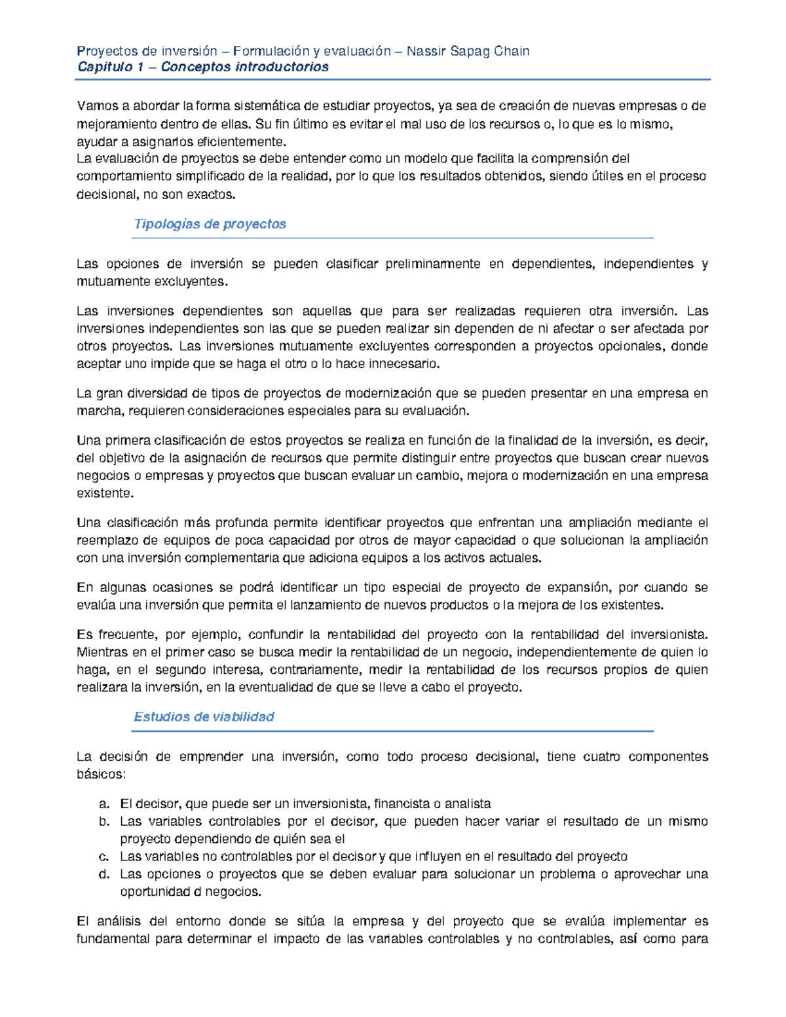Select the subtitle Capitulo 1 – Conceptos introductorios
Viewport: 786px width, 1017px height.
pos(203,67)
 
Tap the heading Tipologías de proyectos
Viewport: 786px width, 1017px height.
pos(210,224)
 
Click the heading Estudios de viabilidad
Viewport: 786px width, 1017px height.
pos(204,716)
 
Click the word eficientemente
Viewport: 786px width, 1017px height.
pos(247,142)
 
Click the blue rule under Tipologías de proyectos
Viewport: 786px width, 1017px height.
pos(393,238)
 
